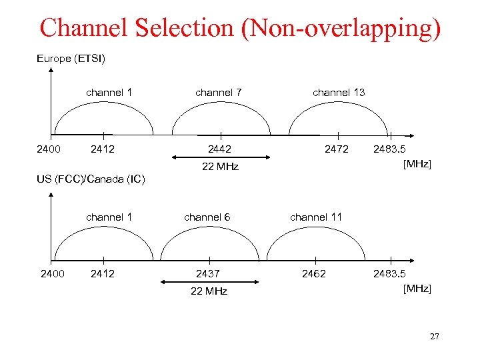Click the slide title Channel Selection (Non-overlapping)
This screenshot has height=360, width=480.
pyautogui.click(x=240, y=28)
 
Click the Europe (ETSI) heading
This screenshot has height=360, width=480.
pyautogui.click(x=71, y=59)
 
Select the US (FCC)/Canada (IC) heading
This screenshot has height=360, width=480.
pyautogui.click(x=89, y=179)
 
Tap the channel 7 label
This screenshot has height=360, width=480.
pyautogui.click(x=218, y=93)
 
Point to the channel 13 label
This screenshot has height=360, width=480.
pyautogui.click(x=339, y=93)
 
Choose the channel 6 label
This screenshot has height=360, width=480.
pyautogui.click(x=207, y=217)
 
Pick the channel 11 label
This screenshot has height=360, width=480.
pyautogui.click(x=316, y=217)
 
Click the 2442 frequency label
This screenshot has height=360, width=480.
pyautogui.click(x=219, y=149)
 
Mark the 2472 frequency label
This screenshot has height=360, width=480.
pyautogui.click(x=336, y=149)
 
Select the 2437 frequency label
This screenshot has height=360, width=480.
pyautogui.click(x=207, y=274)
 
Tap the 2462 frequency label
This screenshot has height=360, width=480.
pyautogui.click(x=314, y=274)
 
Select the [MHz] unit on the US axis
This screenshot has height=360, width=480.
pyautogui.click(x=417, y=289)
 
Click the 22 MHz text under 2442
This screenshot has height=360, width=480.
pyautogui.click(x=220, y=167)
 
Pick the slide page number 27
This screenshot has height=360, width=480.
pyautogui.click(x=434, y=337)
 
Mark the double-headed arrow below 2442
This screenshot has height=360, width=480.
pyautogui.click(x=220, y=157)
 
